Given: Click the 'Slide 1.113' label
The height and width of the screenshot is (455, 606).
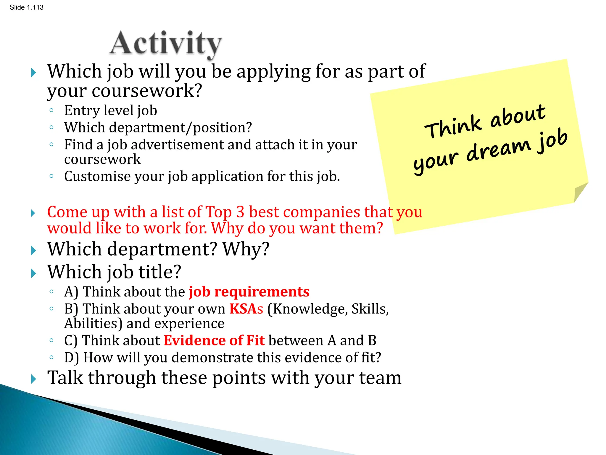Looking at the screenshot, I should click(26, 7).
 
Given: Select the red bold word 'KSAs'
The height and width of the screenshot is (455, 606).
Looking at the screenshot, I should click(246, 309).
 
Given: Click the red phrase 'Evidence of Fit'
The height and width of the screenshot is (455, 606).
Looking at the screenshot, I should click(214, 340).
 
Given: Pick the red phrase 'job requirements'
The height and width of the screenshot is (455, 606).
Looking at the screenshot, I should click(249, 292).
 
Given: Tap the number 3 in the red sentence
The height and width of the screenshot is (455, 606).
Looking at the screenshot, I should click(240, 212).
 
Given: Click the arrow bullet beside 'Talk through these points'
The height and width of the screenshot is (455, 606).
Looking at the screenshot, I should click(33, 379).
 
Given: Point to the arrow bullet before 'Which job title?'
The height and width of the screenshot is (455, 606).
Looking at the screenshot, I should click(33, 273).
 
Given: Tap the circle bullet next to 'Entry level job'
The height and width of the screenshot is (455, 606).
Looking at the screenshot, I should click(51, 111).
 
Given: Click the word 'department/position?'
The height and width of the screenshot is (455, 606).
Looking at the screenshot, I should click(180, 128).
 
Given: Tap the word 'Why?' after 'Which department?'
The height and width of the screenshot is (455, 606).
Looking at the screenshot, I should click(246, 249).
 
